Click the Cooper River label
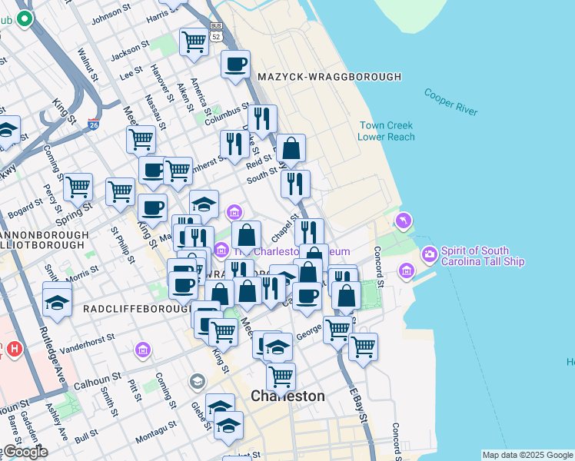[450, 101]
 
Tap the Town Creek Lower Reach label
[385, 131]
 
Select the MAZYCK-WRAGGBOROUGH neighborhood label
[330, 77]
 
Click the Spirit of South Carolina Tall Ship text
[483, 256]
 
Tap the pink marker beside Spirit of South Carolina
[429, 252]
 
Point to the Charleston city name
[288, 396]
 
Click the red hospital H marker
[13, 350]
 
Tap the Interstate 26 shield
[94, 124]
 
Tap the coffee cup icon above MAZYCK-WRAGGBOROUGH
[236, 64]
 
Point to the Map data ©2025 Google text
[527, 455]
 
